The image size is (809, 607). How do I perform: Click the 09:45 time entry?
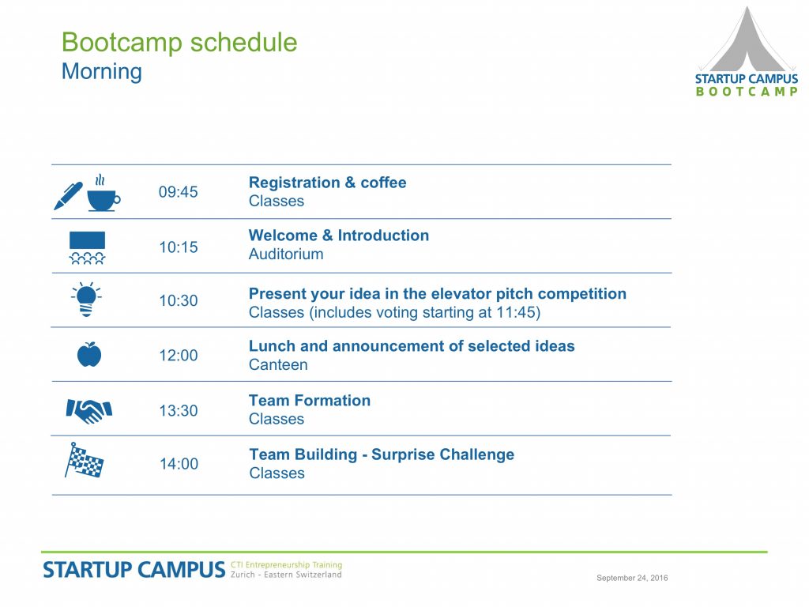pyautogui.click(x=178, y=192)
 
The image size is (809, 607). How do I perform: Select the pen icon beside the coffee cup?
pyautogui.click(x=68, y=196)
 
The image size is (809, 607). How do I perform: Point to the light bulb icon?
pyautogui.click(x=86, y=300)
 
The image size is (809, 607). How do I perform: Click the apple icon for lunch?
pyautogui.click(x=89, y=354)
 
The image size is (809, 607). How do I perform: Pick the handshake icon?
pyautogui.click(x=89, y=411)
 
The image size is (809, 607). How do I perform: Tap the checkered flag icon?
pyautogui.click(x=84, y=460)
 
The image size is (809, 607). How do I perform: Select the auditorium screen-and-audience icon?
pyautogui.click(x=87, y=247)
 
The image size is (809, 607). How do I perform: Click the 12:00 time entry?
pyautogui.click(x=178, y=356)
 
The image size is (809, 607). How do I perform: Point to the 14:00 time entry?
pyautogui.click(x=179, y=464)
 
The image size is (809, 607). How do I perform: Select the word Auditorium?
pyautogui.click(x=286, y=254)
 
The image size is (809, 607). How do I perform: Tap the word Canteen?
pyautogui.click(x=278, y=364)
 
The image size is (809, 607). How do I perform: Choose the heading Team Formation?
pyautogui.click(x=310, y=401)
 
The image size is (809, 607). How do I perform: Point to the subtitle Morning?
pyautogui.click(x=102, y=72)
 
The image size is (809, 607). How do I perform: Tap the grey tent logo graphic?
pyautogui.click(x=747, y=40)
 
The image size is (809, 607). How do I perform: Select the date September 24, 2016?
pyautogui.click(x=632, y=578)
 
